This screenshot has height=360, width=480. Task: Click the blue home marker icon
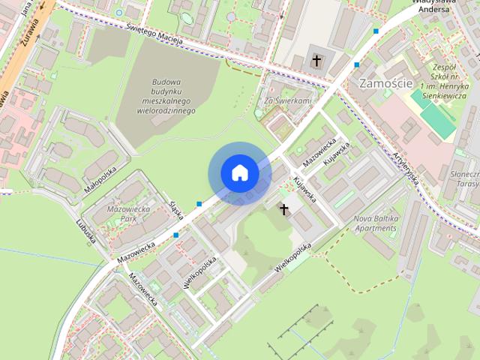point(239,173)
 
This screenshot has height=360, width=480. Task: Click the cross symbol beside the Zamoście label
point(316,59)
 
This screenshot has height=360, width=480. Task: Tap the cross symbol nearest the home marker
point(283,208)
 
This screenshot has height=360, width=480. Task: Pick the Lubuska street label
point(86,232)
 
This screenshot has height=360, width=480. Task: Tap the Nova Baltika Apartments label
point(373,223)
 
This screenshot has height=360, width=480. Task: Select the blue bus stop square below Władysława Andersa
point(376,31)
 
